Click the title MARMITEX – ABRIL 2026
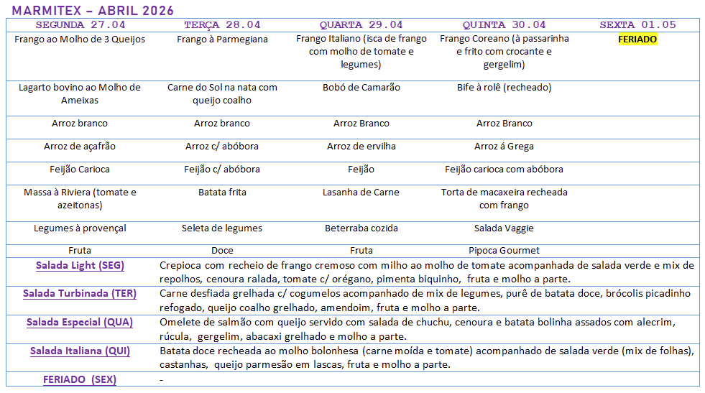click(93, 11)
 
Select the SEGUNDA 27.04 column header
click(80, 25)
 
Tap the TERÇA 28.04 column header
click(222, 25)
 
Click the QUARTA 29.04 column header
click(361, 25)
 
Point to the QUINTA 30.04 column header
click(504, 25)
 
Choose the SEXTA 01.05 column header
click(637, 25)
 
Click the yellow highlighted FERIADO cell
click(637, 40)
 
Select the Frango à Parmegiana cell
click(222, 40)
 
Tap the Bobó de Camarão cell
click(361, 88)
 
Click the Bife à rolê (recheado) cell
click(504, 88)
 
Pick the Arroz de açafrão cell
click(80, 147)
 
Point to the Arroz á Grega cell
click(504, 147)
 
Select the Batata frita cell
click(222, 193)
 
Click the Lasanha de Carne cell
click(361, 193)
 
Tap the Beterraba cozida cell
click(361, 228)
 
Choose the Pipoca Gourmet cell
click(504, 251)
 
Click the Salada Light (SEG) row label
click(80, 266)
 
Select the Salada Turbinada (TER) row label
click(80, 294)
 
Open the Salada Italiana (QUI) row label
click(80, 351)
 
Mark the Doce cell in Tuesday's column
click(222, 251)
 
